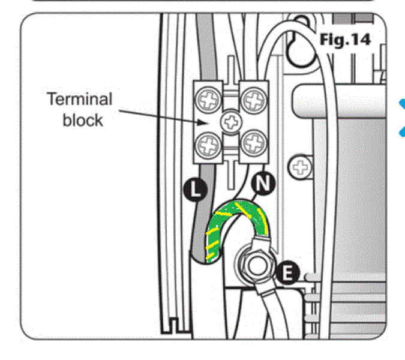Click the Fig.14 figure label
345,40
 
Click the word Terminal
79,99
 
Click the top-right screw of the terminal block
251,98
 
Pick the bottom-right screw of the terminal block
251,144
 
